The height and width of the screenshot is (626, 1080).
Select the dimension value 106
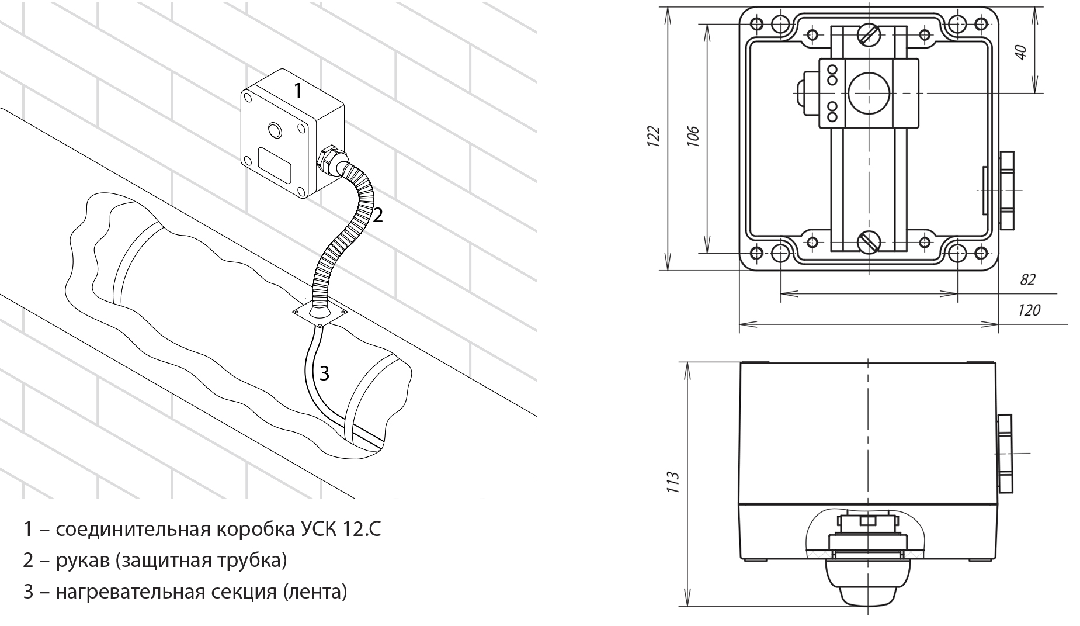[693, 136]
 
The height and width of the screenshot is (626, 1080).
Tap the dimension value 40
[1020, 51]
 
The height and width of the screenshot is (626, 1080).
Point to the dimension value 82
[1027, 280]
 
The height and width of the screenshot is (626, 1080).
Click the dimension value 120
[1029, 310]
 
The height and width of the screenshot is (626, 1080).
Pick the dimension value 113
[673, 483]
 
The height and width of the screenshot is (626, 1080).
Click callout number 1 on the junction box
[297, 91]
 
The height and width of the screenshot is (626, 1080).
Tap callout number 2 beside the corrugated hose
[378, 216]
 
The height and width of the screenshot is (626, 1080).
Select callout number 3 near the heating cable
[324, 373]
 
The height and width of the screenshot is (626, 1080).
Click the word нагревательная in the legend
[128, 592]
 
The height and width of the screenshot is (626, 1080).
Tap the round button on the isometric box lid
[274, 129]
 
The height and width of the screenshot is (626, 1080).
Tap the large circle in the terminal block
[868, 94]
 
